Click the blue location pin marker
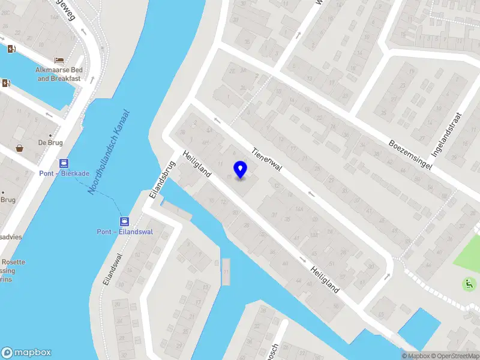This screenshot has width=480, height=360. click(241, 170)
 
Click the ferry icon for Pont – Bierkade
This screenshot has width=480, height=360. click(63, 163)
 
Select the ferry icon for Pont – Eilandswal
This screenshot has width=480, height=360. click(125, 221)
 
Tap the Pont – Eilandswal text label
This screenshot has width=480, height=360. click(125, 232)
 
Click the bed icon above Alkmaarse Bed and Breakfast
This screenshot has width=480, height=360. click(59, 60)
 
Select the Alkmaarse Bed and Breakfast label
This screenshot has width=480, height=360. click(59, 74)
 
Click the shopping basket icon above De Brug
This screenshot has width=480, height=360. click(20, 148)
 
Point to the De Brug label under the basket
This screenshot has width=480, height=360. click(50, 143)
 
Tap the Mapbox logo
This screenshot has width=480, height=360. click(26, 353)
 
